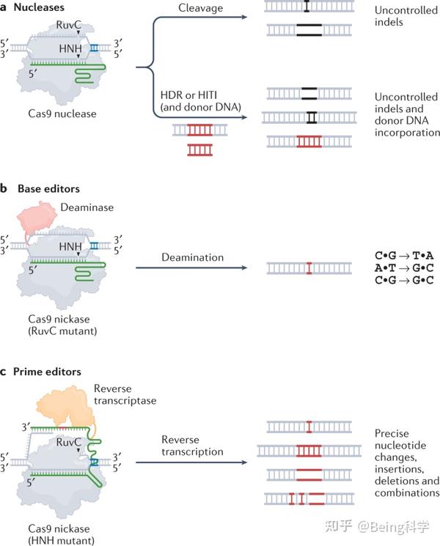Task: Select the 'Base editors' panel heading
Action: (x=46, y=188)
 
